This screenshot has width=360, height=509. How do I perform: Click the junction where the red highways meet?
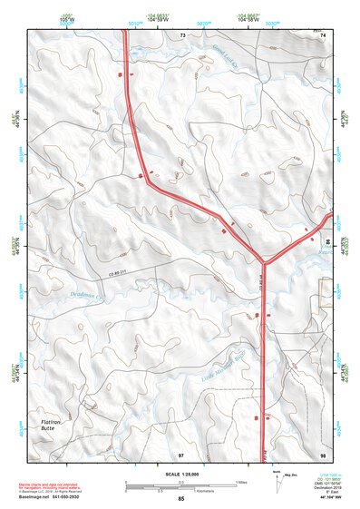point(264,256)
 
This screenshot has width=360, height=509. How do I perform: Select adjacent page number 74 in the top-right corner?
point(322,34)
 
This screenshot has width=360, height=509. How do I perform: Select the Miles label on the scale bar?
point(241,482)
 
